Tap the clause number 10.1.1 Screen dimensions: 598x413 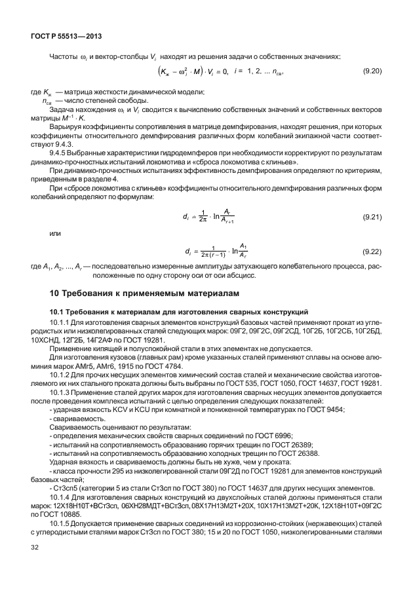[x=62, y=323]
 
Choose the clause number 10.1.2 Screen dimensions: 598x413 [x=62, y=374]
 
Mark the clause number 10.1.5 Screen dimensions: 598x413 [x=62, y=535]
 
